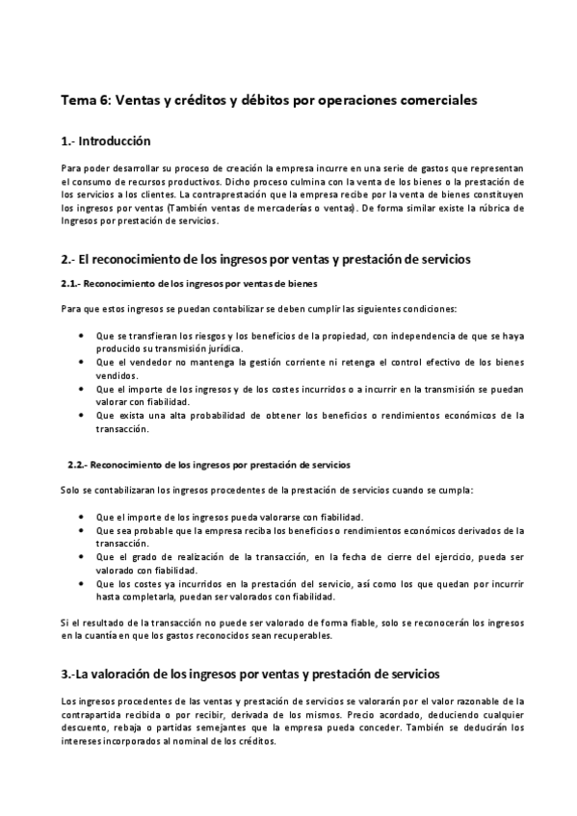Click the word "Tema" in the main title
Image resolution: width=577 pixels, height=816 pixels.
[x=77, y=100]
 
